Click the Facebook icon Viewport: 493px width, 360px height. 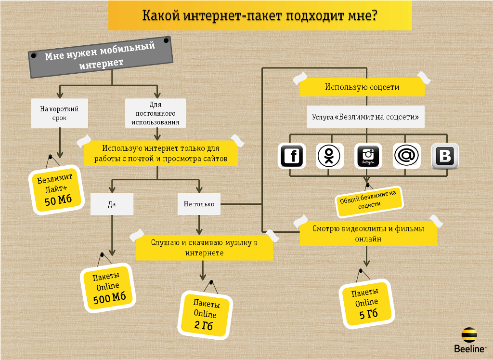(291, 156)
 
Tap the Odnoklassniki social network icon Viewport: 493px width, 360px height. (329, 156)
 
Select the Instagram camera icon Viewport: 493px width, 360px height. (368, 156)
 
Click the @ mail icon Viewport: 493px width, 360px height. (406, 156)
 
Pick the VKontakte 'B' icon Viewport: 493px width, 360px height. (445, 156)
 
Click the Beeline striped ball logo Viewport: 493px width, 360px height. (469, 334)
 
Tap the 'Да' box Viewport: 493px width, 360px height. (112, 204)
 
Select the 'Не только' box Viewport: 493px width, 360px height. (199, 204)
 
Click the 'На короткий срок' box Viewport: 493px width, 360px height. (59, 113)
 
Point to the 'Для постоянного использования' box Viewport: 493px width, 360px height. (155, 113)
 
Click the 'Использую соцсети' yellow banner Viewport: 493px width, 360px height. (362, 87)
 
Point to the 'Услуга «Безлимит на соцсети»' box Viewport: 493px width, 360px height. (365, 117)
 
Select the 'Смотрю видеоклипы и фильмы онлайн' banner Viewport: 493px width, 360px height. (368, 234)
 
